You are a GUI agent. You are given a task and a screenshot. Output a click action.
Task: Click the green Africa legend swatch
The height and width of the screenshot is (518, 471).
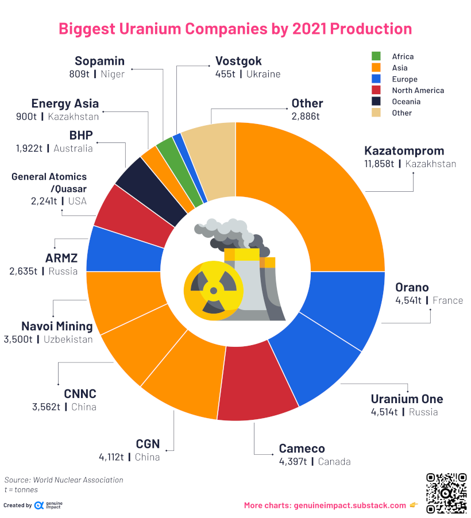[377, 56]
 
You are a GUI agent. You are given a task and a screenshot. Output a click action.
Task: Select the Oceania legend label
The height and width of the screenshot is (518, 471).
[406, 102]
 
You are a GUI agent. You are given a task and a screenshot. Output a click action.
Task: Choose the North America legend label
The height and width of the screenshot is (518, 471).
[418, 90]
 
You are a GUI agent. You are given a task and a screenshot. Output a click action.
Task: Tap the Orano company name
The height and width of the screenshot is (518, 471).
[412, 287]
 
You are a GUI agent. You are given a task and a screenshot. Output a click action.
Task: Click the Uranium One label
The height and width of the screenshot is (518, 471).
[407, 399]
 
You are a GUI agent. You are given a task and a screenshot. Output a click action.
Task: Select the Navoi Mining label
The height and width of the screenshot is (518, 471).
[57, 326]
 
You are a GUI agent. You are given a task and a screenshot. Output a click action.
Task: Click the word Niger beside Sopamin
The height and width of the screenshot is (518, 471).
[113, 74]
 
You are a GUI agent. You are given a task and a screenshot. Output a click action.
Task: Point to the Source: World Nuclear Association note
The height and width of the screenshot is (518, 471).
[64, 480]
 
